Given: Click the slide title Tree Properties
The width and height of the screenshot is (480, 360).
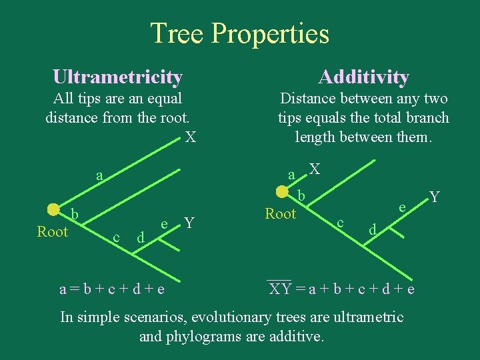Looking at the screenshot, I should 240,33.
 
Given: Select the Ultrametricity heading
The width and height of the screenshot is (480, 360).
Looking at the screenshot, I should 117,77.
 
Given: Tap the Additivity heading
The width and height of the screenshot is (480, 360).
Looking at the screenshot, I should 363,77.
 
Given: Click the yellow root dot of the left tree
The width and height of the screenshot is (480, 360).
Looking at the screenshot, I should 54,209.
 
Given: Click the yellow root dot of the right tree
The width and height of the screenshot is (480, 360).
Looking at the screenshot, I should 282,191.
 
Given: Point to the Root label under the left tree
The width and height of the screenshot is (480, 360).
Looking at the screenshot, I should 53,232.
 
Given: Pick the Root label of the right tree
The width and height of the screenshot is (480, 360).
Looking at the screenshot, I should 280,214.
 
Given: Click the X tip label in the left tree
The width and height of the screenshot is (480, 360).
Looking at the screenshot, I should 191,138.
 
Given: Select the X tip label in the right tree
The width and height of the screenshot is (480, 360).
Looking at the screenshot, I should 315,170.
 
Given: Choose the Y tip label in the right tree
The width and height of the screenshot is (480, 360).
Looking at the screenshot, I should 435,197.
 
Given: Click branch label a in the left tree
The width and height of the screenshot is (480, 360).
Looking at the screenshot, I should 99,176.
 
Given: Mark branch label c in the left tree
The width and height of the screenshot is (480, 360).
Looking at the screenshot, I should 116,237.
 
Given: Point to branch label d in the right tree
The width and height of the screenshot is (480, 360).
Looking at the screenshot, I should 373,229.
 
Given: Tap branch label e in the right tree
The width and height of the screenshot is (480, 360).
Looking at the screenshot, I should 403,208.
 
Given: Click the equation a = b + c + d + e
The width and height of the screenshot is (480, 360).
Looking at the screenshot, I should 112,289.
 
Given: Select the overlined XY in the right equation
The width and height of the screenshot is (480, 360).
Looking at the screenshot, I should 279,289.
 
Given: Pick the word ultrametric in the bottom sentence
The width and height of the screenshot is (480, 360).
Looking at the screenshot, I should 365,317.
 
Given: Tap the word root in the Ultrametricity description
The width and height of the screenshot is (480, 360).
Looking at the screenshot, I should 171,119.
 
